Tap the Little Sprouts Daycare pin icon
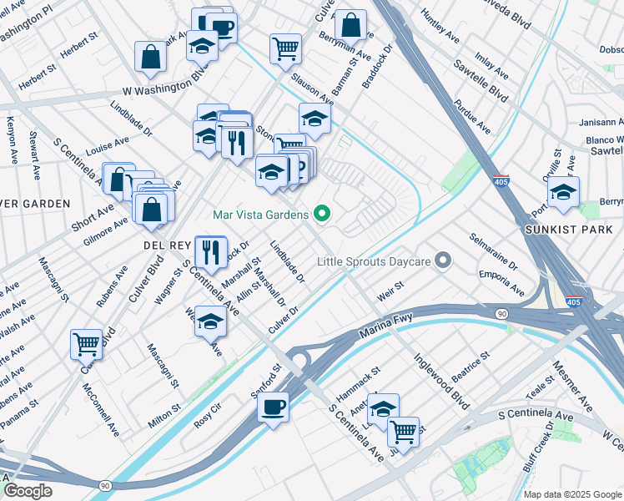click(444, 262)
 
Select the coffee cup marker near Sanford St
click(273, 408)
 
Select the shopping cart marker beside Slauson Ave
click(285, 48)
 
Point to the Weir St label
click(390, 291)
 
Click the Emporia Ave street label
click(501, 282)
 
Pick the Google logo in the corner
click(27, 491)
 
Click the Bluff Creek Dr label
click(538, 448)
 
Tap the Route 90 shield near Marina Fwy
click(500, 313)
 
